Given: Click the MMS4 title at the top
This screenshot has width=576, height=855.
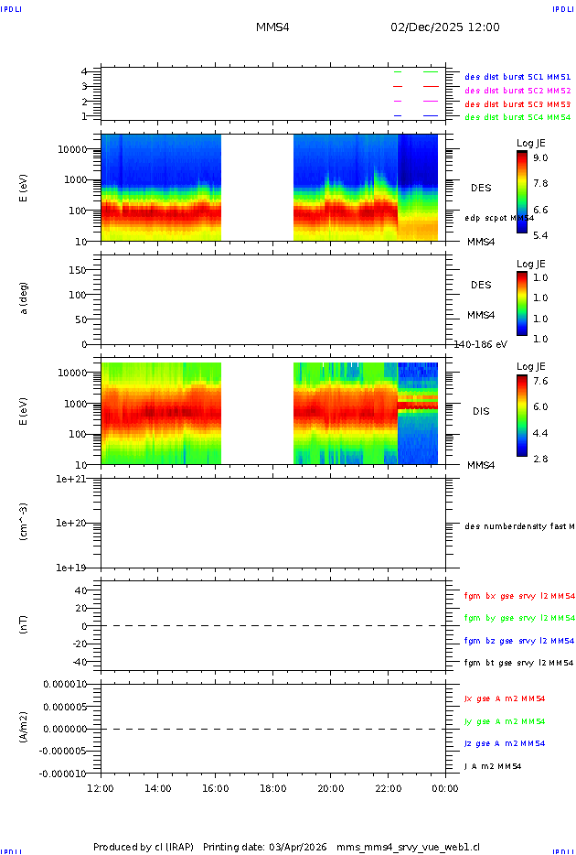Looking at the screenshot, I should [x=272, y=27].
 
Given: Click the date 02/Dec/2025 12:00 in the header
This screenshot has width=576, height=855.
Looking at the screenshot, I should [x=445, y=27].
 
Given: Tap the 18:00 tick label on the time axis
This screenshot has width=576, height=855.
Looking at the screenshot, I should [x=273, y=788].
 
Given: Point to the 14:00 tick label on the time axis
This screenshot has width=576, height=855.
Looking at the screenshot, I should [x=158, y=788].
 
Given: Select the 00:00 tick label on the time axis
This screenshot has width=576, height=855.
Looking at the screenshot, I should [x=445, y=788].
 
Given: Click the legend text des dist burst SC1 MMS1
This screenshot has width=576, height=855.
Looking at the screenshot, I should [x=517, y=78].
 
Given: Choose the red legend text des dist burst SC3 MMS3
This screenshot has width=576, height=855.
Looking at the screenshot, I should [x=517, y=104].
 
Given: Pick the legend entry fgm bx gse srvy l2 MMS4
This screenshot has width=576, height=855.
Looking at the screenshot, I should [x=519, y=596].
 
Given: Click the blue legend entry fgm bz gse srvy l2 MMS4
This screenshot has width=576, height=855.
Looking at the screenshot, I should [x=519, y=641].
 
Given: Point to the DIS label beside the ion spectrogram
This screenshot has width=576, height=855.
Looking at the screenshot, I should [x=481, y=411].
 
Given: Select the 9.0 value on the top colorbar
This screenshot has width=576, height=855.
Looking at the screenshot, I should [x=541, y=158].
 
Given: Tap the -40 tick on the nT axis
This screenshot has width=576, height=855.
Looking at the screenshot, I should [x=80, y=661].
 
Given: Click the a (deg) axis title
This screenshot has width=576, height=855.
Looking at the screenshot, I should [x=25, y=298].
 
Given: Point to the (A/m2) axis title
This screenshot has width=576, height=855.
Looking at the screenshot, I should [x=25, y=728].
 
